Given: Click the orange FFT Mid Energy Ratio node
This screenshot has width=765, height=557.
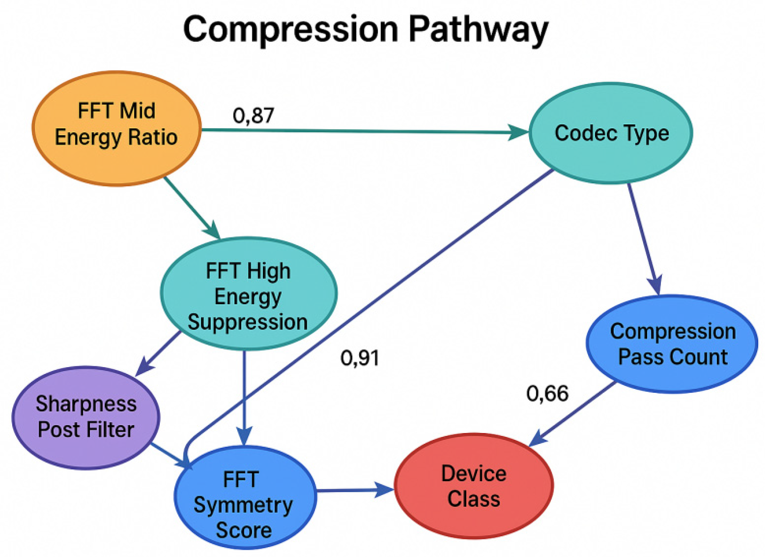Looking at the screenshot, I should pyautogui.click(x=116, y=128).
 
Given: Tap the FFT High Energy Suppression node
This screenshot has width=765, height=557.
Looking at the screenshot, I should pyautogui.click(x=248, y=294).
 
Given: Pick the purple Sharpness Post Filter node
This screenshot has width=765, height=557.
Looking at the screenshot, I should pyautogui.click(x=86, y=417).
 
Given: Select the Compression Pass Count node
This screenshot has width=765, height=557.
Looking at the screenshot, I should pyautogui.click(x=672, y=344).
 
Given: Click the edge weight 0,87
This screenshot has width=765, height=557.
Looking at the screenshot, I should pyautogui.click(x=253, y=116).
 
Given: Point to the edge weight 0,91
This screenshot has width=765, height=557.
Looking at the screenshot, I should pyautogui.click(x=359, y=358).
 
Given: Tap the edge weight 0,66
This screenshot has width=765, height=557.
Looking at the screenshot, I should pyautogui.click(x=547, y=393).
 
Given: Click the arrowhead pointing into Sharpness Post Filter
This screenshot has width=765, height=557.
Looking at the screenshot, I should pyautogui.click(x=144, y=368).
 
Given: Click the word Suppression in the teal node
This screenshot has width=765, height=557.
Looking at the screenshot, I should pyautogui.click(x=248, y=322).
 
